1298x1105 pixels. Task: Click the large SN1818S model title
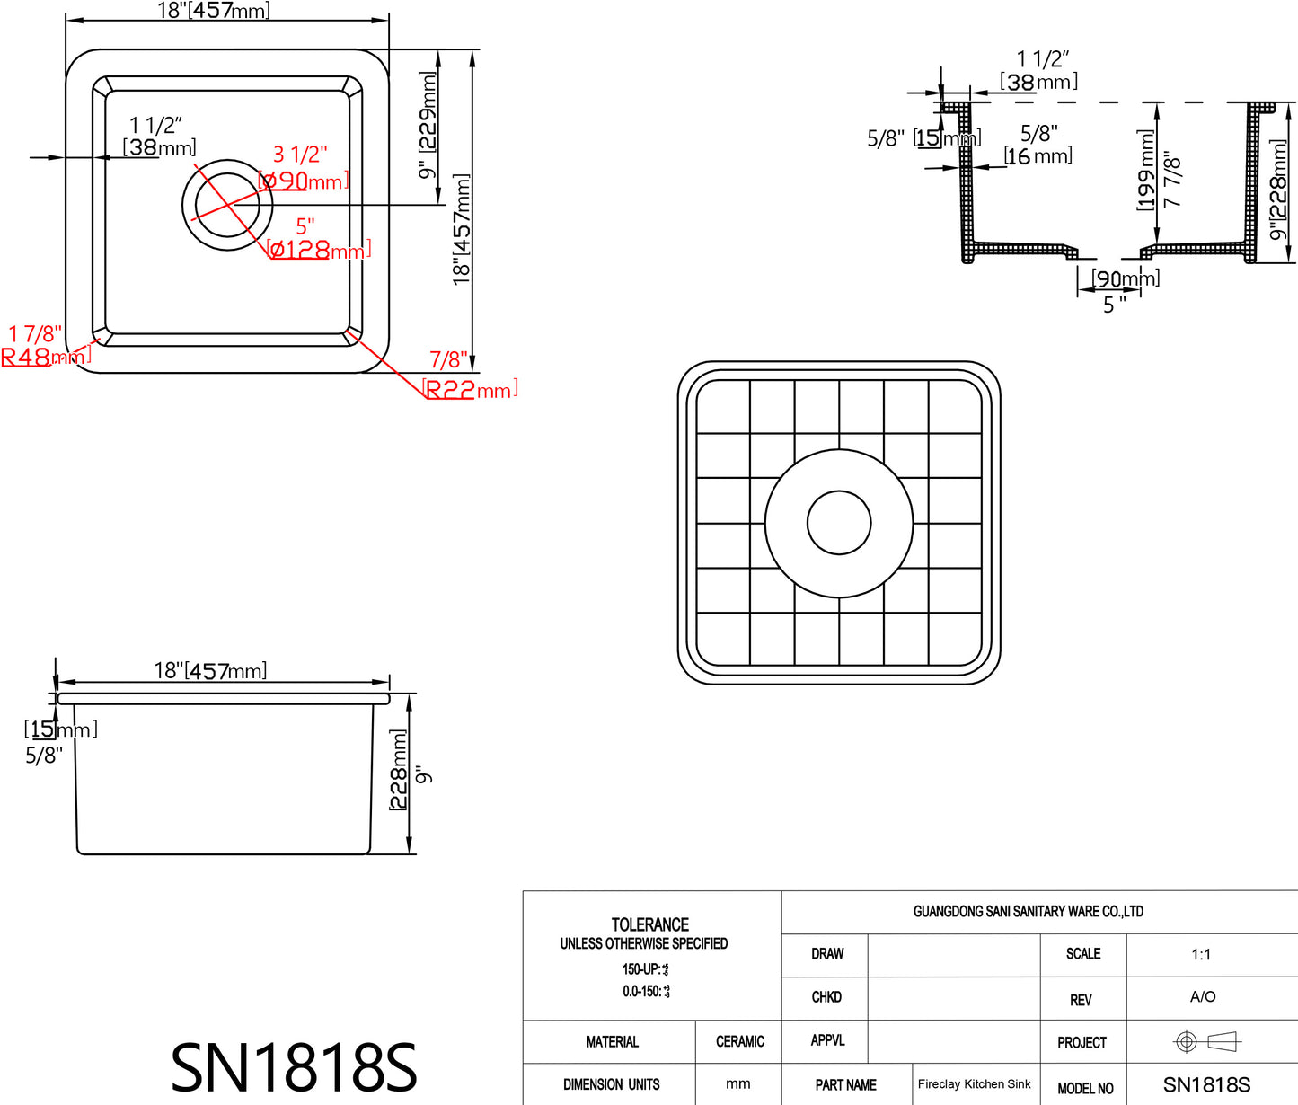[294, 1067]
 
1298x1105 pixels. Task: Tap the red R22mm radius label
[470, 390]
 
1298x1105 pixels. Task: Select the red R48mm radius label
[45, 357]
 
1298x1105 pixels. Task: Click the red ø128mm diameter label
[319, 250]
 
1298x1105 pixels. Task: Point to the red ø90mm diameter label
[303, 181]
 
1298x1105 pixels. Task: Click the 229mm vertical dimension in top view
[428, 112]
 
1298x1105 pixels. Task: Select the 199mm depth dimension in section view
[1146, 170]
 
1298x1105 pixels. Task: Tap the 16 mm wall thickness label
[1038, 156]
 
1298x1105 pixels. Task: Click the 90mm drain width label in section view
[1125, 278]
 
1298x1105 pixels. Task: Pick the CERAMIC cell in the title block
[739, 1042]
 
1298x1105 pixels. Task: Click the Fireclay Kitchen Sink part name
[974, 1084]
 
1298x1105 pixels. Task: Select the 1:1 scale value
[1201, 954]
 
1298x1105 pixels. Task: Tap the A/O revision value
[1202, 996]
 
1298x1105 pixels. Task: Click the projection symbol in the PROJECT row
[1206, 1041]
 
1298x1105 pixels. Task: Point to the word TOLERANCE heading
[649, 924]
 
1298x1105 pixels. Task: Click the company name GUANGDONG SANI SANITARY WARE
[1028, 911]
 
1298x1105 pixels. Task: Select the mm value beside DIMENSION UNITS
[737, 1084]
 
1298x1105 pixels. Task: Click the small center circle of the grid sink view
[839, 523]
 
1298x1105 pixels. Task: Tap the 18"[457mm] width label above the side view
[210, 670]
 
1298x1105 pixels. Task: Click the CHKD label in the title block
[826, 997]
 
